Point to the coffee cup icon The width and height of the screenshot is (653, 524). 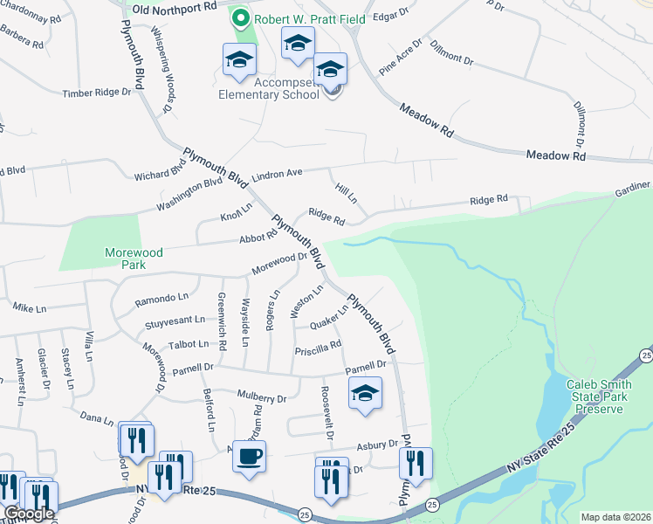(x=250, y=458)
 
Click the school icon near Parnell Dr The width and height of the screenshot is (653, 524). (x=366, y=394)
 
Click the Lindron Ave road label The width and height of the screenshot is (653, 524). (x=277, y=175)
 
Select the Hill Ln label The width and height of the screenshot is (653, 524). (x=346, y=193)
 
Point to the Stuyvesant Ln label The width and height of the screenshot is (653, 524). (x=175, y=324)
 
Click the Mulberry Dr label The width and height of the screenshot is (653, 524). (x=262, y=398)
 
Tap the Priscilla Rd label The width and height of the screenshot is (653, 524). (x=318, y=347)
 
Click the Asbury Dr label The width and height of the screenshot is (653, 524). (x=377, y=445)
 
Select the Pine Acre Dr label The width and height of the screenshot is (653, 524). (x=400, y=56)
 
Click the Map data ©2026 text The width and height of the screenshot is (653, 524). (x=615, y=517)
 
